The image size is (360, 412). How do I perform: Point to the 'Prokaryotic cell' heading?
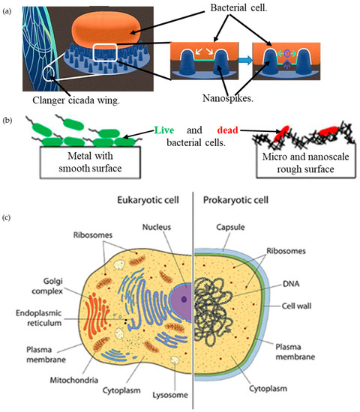(238, 202)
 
